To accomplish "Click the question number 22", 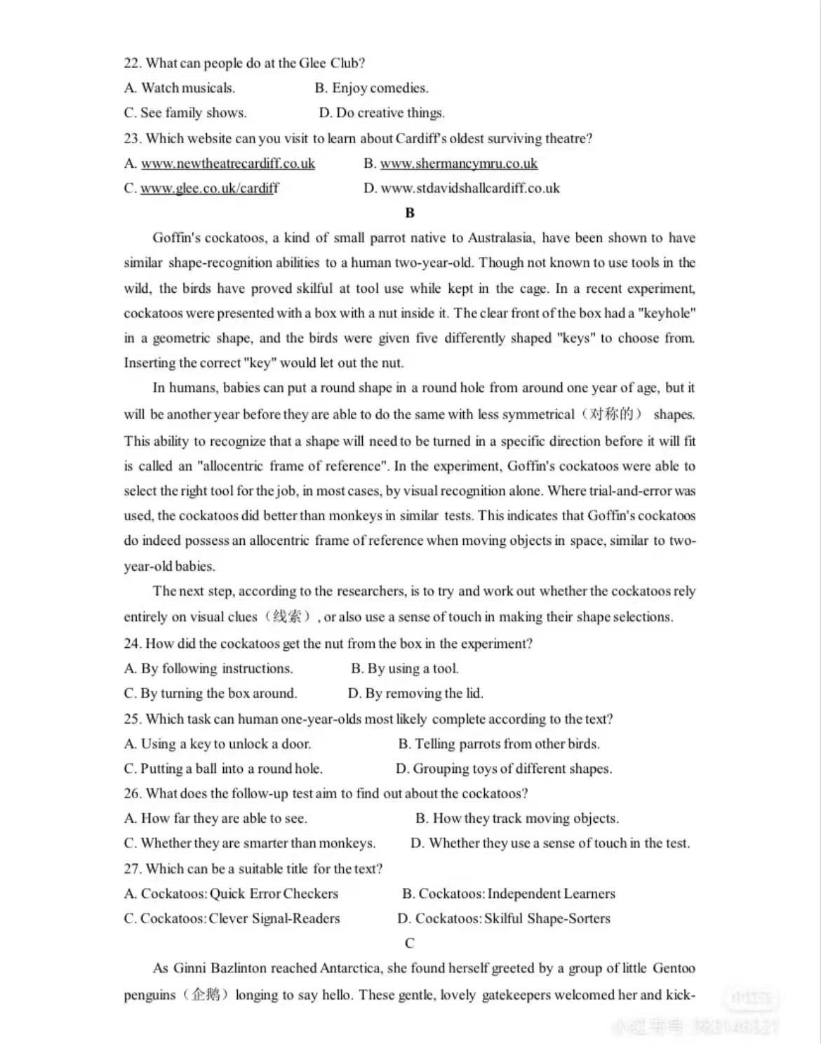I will (x=132, y=63).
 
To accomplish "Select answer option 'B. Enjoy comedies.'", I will (x=371, y=88).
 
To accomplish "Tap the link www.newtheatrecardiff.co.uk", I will (x=228, y=164).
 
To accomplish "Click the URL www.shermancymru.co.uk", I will (x=458, y=164).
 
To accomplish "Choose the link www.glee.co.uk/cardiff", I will (x=209, y=188).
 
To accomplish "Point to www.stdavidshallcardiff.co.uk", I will (x=470, y=188).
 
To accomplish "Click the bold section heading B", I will (x=410, y=213).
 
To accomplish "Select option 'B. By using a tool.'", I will (x=404, y=668).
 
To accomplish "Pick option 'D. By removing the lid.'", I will (x=415, y=694).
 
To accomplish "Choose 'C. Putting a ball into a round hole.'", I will (x=223, y=769).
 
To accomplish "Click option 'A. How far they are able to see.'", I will (x=215, y=819).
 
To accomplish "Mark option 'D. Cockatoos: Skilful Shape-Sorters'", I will (x=504, y=918).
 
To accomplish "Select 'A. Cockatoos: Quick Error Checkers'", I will (x=231, y=894).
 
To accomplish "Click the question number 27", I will (x=132, y=869).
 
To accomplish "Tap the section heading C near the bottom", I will (x=410, y=943).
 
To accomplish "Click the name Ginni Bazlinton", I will (x=220, y=968).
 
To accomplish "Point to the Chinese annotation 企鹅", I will (x=206, y=995).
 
